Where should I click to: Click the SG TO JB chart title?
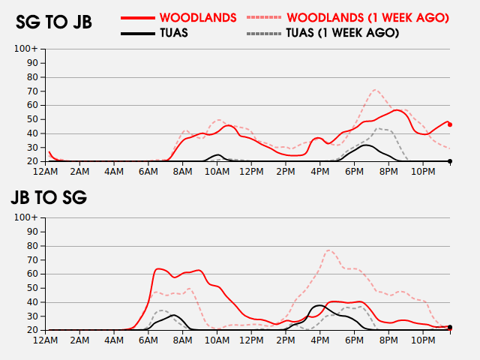(54, 22)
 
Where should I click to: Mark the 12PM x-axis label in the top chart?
(251, 172)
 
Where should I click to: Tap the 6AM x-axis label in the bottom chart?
(148, 340)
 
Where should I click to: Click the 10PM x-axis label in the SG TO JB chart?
(423, 172)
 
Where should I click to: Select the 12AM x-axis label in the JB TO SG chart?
(46, 340)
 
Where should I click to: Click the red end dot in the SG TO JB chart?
(450, 124)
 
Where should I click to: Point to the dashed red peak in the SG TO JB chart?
(376, 90)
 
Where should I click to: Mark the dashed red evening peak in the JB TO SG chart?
(330, 250)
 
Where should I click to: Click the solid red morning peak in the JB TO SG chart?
(159, 268)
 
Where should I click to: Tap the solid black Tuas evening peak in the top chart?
(365, 145)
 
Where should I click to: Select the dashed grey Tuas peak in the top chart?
(379, 128)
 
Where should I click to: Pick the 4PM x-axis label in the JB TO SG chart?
(319, 340)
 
